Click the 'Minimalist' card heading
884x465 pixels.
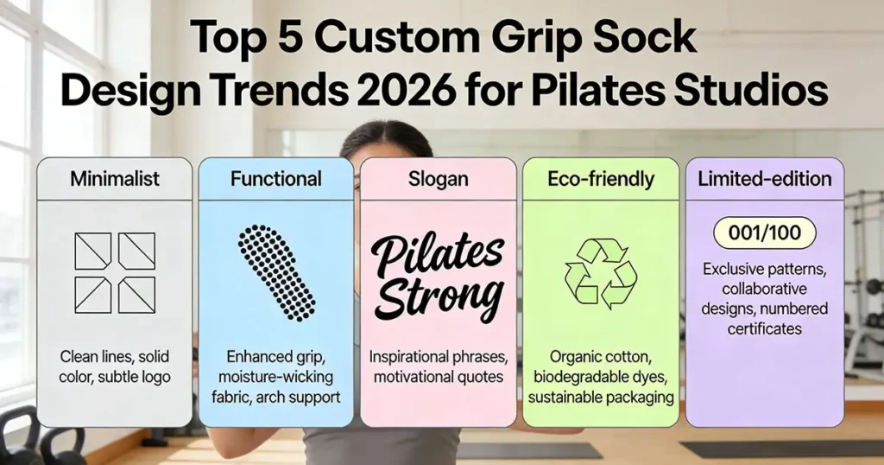pos(115,180)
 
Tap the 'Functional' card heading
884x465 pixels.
pos(276,180)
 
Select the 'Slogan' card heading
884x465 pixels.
pos(439,180)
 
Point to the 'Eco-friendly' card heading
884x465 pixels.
pos(601,180)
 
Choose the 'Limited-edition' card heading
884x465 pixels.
pos(765,180)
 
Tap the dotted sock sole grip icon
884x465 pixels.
pos(276,273)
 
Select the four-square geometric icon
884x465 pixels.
pos(115,273)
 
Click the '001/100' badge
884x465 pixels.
pos(765,234)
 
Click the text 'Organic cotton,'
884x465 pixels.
pos(601,355)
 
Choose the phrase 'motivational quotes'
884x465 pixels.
pos(439,377)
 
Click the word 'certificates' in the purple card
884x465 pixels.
pos(765,328)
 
